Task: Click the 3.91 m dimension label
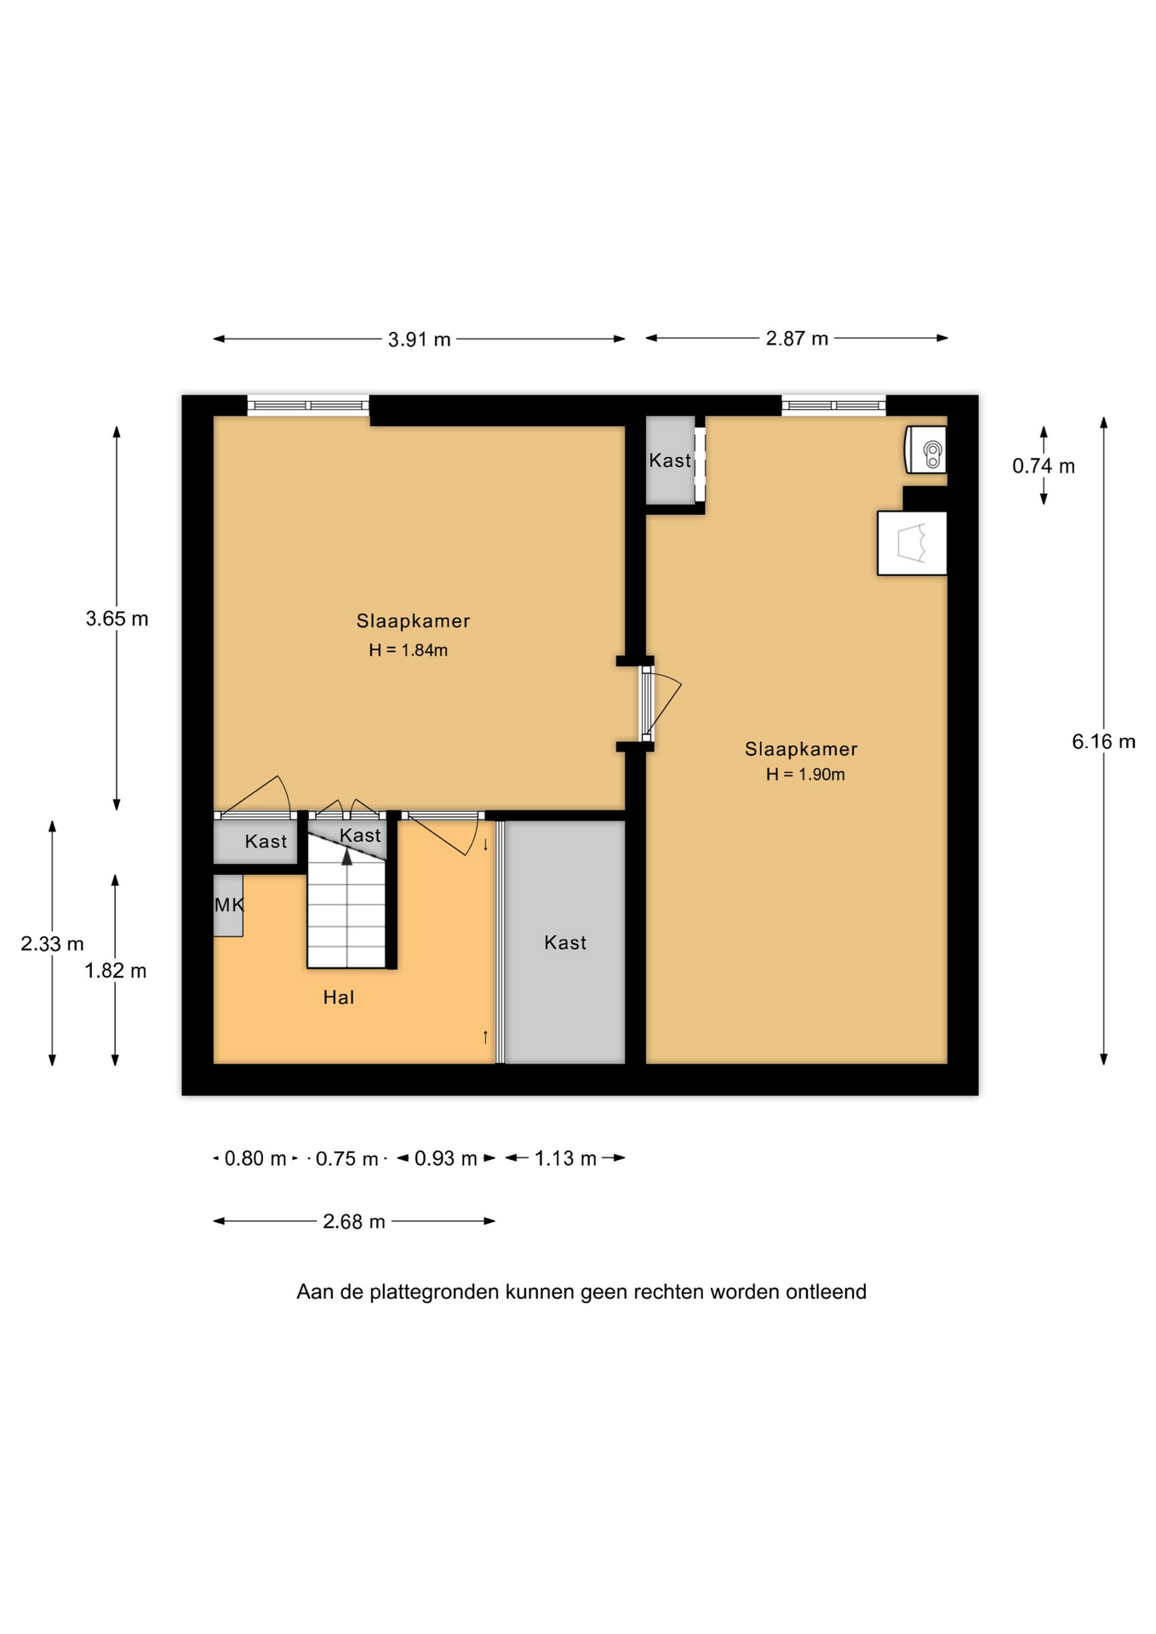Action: [x=419, y=340]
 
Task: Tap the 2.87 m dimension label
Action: [x=797, y=339]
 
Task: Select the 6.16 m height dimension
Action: [x=1103, y=741]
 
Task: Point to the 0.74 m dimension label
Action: [x=1043, y=466]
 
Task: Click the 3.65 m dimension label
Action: [x=117, y=619]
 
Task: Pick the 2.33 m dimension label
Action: [x=52, y=944]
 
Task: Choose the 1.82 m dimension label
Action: [x=115, y=971]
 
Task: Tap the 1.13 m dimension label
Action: [x=565, y=1158]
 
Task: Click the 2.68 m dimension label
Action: [x=353, y=1222]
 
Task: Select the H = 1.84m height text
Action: [x=408, y=650]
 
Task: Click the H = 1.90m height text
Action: [x=805, y=774]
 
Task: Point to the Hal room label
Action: [x=338, y=997]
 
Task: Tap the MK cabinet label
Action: [x=228, y=905]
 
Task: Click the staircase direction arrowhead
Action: [x=346, y=857]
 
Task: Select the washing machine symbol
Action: [x=926, y=449]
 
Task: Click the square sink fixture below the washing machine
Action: [x=912, y=543]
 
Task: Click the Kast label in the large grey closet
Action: [x=565, y=943]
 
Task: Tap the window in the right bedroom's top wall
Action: [x=833, y=406]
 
